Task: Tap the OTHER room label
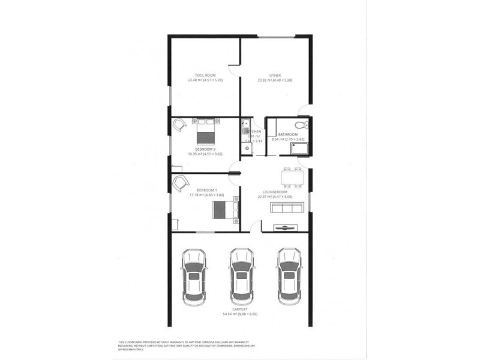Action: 275,75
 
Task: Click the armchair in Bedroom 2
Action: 179,125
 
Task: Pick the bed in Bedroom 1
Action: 224,209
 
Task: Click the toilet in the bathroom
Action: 305,126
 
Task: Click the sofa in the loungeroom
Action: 287,208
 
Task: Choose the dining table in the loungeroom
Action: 293,177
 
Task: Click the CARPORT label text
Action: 239,309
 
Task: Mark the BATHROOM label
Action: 287,134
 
